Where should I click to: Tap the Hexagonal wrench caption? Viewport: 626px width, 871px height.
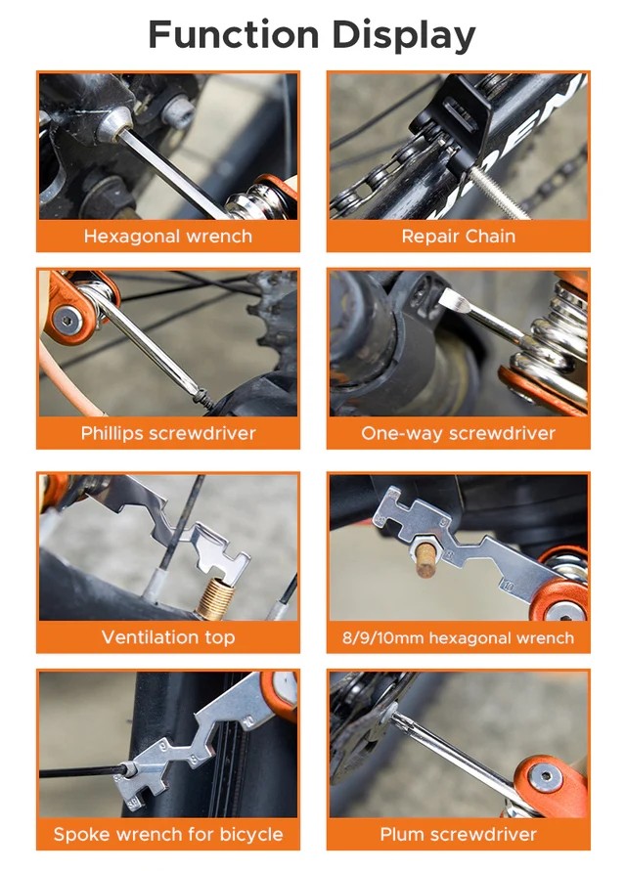167,236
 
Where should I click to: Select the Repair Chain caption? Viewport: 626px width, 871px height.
458,236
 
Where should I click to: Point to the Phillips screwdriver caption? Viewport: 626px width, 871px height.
167,433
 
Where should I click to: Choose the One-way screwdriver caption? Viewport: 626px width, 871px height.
458,433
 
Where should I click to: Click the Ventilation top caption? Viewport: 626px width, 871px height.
167,637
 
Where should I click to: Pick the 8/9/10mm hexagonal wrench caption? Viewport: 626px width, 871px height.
458,638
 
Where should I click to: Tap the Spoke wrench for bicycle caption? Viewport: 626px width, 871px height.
167,835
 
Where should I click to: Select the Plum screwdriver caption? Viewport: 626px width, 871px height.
458,835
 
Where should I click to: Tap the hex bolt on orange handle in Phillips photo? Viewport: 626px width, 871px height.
66,319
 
